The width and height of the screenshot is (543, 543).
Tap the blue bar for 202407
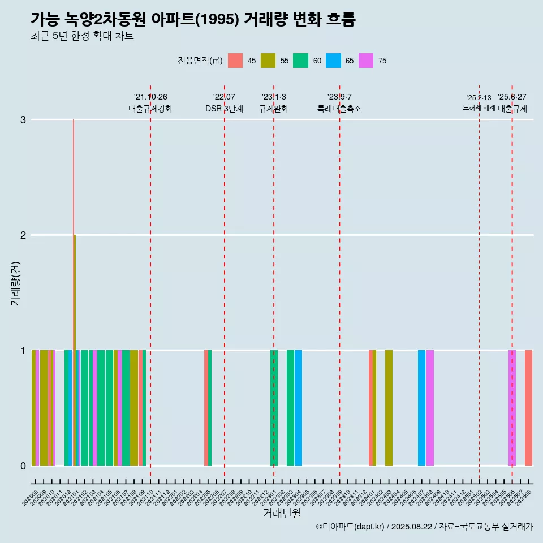pyautogui.click(x=421, y=407)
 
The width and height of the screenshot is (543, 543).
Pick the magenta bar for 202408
pyautogui.click(x=430, y=407)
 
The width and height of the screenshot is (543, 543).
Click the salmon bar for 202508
pyautogui.click(x=528, y=407)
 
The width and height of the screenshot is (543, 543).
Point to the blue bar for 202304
pyautogui.click(x=298, y=407)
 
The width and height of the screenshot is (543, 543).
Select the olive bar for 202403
pyautogui.click(x=389, y=407)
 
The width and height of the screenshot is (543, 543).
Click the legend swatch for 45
pyautogui.click(x=235, y=61)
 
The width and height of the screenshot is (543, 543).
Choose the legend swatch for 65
pyautogui.click(x=334, y=61)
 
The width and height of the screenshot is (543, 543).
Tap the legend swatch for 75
pyautogui.click(x=366, y=61)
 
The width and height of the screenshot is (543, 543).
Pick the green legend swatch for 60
pyautogui.click(x=301, y=61)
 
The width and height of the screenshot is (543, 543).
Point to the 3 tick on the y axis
pyautogui.click(x=23, y=119)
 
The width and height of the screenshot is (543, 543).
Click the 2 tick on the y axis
pyautogui.click(x=23, y=235)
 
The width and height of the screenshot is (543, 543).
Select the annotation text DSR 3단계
pyautogui.click(x=224, y=109)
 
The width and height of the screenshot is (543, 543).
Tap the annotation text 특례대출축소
pyautogui.click(x=339, y=109)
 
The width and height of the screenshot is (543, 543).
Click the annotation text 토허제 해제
pyautogui.click(x=479, y=107)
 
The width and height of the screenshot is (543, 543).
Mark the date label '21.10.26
pyautogui.click(x=150, y=97)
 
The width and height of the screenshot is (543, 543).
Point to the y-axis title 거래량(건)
pyautogui.click(x=16, y=283)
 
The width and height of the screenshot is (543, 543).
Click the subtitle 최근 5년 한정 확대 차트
pyautogui.click(x=82, y=36)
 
